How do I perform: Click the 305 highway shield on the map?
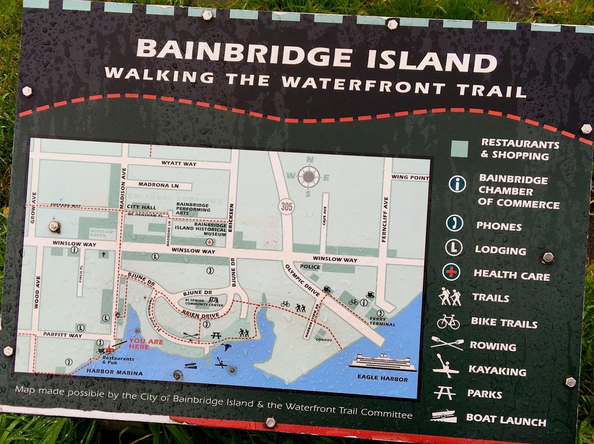286,206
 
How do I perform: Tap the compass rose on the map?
308,177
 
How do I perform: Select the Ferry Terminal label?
382,321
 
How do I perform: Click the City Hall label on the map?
141,207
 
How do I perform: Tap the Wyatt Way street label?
179,163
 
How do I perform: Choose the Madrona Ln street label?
159,185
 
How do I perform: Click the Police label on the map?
310,267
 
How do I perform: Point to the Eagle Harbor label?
382,378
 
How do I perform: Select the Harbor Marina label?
114,372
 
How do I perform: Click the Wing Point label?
410,177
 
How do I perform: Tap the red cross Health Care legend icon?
451,272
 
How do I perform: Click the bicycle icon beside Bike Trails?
448,321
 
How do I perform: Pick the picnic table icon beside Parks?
444,393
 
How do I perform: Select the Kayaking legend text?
497,370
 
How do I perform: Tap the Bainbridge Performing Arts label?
193,209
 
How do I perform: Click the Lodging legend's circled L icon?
454,248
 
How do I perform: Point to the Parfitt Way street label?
62,334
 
